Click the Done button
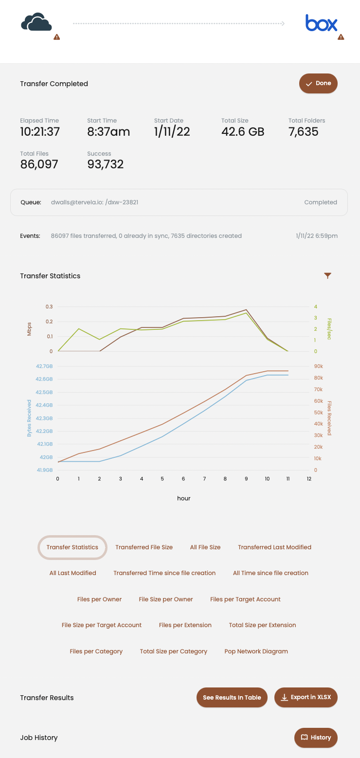coord(318,84)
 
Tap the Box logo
coord(321,23)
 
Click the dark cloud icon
coord(36,23)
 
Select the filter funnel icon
coord(328,276)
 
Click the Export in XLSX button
coord(306,697)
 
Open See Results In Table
coord(232,697)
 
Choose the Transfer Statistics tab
coord(72,547)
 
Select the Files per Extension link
coord(185,625)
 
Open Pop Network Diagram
coord(256,651)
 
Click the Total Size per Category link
coord(174,651)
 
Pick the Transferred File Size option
coord(144,547)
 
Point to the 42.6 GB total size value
coord(243,131)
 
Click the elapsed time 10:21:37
coord(40,131)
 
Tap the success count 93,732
coord(106,164)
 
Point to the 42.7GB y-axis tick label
coord(44,366)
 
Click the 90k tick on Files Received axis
coord(319,366)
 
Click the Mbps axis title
coord(29,329)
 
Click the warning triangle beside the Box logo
coord(341,37)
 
